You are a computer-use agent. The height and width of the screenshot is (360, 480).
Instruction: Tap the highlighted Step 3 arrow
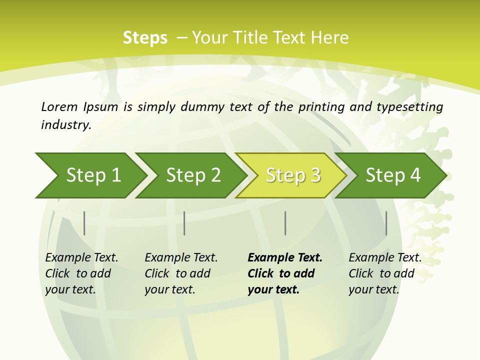(x=293, y=175)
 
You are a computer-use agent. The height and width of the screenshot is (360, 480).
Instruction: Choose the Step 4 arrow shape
(x=393, y=175)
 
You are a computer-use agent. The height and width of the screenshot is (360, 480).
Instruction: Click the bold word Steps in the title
(x=145, y=38)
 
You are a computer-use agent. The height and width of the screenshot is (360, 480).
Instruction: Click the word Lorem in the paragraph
(x=59, y=106)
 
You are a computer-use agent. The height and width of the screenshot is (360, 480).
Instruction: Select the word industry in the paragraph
(x=66, y=124)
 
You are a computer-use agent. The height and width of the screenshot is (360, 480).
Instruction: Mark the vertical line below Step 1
(x=84, y=223)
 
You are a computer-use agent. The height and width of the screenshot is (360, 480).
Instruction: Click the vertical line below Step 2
(x=184, y=223)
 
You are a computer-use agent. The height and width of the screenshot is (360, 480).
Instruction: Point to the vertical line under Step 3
(x=285, y=223)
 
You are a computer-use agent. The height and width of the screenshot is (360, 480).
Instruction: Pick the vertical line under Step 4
(x=386, y=223)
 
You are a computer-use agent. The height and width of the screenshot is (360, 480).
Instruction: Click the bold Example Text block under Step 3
(x=284, y=273)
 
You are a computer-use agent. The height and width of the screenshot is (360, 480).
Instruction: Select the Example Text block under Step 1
(x=81, y=273)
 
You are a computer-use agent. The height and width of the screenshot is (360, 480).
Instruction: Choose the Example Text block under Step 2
(x=181, y=273)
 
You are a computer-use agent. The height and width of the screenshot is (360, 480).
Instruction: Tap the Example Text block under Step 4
(x=385, y=273)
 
